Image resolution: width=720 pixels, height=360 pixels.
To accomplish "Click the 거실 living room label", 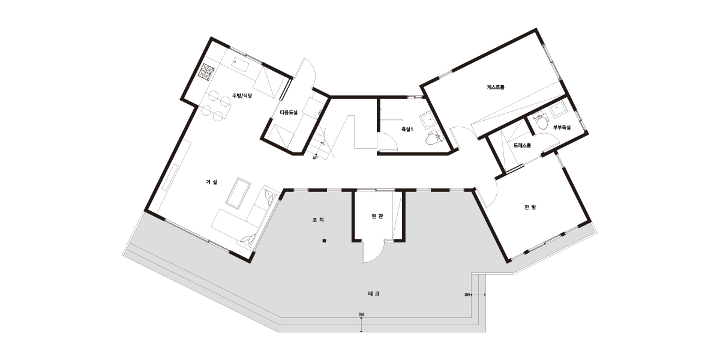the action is point(211,182).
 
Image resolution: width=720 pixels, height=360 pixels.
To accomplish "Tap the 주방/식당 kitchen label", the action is point(242,95).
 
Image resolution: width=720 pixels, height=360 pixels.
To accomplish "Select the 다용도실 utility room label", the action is point(289,112).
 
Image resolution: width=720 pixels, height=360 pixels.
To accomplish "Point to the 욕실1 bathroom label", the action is point(407,129).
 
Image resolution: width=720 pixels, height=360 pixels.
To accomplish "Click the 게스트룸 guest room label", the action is point(496,87).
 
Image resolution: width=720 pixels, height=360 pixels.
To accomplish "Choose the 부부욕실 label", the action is point(562,127).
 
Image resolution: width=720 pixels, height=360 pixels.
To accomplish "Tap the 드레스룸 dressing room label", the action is point(522,145).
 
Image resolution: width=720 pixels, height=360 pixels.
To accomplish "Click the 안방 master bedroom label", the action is point(530,208).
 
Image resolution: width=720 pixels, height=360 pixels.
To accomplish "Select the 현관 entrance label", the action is point(377,217).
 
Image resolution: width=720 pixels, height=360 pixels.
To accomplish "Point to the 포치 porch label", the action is point(318,220).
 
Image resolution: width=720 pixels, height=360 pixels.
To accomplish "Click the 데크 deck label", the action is point(373,293).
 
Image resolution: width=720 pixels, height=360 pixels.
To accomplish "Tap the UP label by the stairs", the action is point(315,158).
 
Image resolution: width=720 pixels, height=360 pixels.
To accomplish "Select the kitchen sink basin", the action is point(240,65).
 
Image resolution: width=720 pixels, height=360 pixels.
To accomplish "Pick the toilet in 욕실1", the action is point(433,137).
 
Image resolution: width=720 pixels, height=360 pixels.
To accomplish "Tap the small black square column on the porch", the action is point(325,241).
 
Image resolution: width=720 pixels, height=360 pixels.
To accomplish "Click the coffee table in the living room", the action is point(238,191).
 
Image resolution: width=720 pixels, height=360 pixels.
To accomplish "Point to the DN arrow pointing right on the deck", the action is point(479,295).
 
